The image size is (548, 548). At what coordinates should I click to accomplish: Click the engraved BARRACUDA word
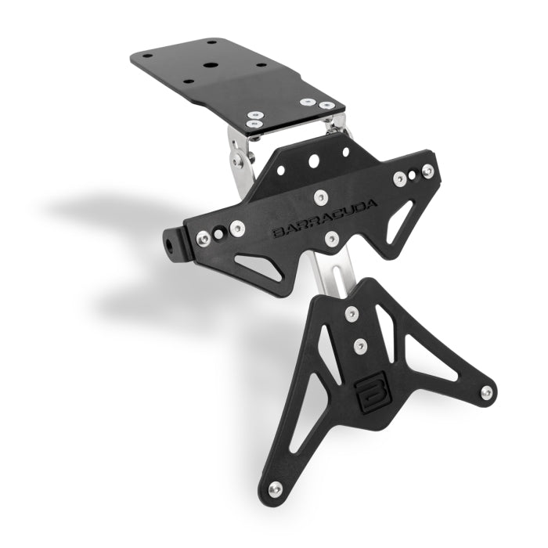tap(325, 218)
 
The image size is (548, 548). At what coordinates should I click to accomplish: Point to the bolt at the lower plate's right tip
tap(486, 392)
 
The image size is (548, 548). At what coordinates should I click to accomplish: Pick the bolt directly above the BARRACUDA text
tap(320, 197)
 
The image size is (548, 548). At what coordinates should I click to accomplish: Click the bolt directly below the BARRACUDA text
tap(332, 238)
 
